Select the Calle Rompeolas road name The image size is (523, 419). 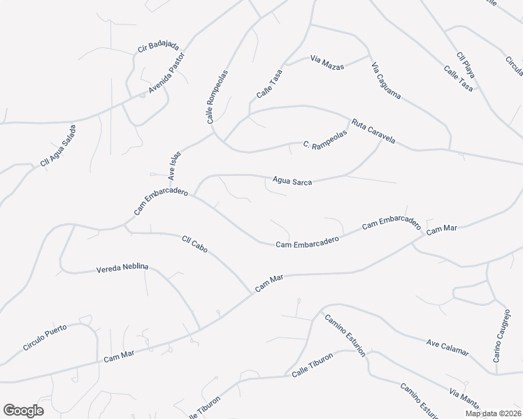217,97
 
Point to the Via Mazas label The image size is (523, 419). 327,63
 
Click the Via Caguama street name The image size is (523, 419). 386,81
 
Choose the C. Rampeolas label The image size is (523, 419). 325,145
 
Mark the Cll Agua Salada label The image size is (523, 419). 58,146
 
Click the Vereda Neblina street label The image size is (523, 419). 122,267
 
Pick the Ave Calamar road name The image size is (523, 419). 447,346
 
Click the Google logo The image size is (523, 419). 23,411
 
